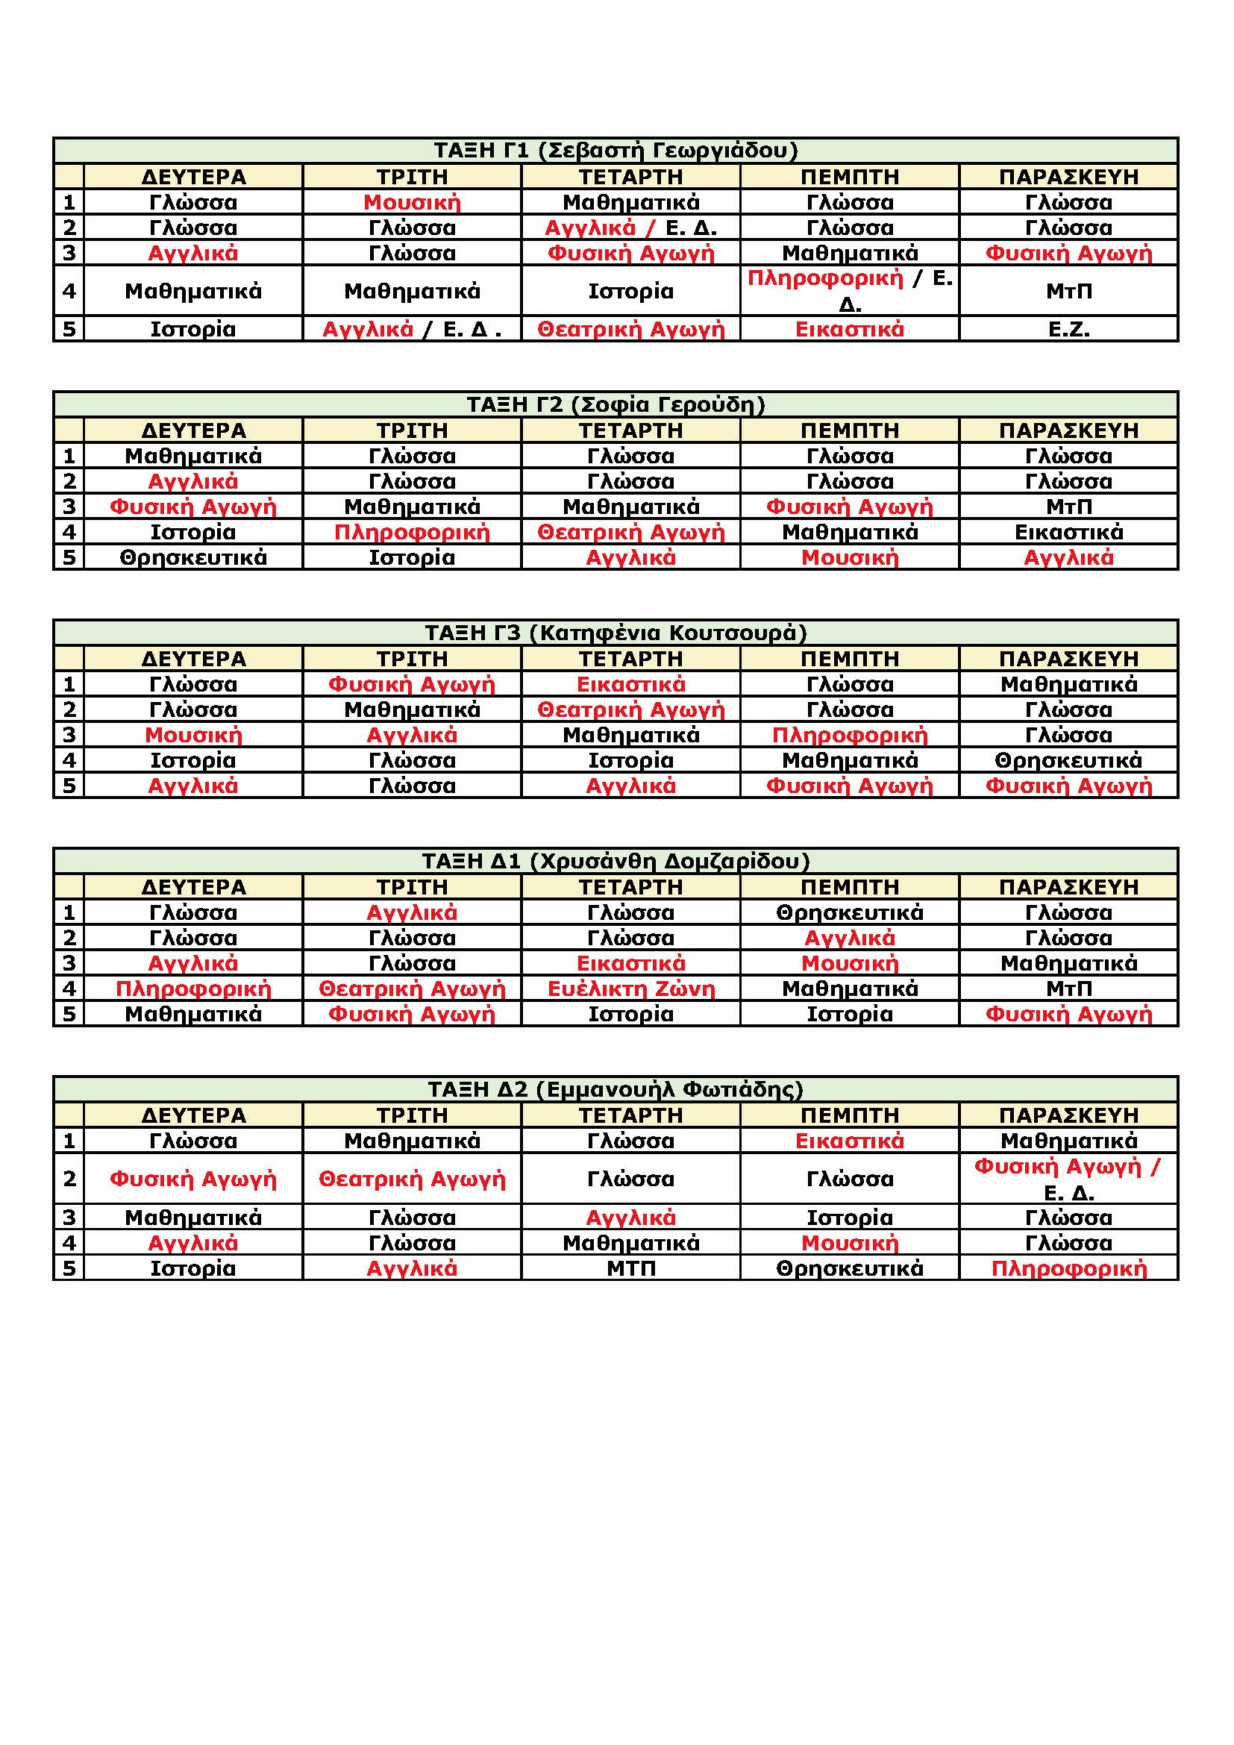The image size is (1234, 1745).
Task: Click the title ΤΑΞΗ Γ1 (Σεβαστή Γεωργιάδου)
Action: pyautogui.click(x=616, y=151)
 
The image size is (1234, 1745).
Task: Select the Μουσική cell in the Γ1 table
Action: pyautogui.click(x=412, y=202)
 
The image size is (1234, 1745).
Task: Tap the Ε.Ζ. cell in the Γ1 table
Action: pyautogui.click(x=1068, y=329)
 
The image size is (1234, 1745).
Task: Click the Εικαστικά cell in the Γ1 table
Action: pyautogui.click(x=850, y=329)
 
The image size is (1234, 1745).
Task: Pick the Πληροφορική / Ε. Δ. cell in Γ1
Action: pyautogui.click(x=850, y=291)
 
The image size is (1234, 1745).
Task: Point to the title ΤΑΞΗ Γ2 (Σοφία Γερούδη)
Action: pyautogui.click(x=616, y=404)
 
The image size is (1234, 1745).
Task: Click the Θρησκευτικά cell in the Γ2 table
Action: pyautogui.click(x=193, y=557)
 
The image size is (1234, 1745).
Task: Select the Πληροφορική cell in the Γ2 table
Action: pyautogui.click(x=412, y=532)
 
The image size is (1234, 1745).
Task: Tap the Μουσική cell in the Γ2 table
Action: pyautogui.click(x=850, y=557)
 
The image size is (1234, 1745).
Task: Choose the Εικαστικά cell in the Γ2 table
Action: pyautogui.click(x=1068, y=532)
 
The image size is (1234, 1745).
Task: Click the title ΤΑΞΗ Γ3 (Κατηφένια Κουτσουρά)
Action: pyautogui.click(x=616, y=633)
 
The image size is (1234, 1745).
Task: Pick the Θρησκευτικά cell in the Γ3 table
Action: pyautogui.click(x=1068, y=760)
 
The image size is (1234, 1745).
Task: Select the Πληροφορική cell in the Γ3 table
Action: pyautogui.click(x=850, y=735)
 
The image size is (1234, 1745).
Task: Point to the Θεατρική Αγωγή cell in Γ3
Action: pyautogui.click(x=630, y=709)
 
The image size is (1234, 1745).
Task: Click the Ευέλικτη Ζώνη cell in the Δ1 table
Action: pyautogui.click(x=630, y=988)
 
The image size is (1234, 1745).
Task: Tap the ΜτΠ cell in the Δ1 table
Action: pyautogui.click(x=1068, y=988)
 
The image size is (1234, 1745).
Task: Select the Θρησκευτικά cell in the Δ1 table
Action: pyautogui.click(x=850, y=912)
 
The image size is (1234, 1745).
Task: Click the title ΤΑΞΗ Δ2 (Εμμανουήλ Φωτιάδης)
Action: pyautogui.click(x=616, y=1089)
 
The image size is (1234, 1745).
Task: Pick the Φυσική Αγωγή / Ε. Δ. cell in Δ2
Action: pyautogui.click(x=1068, y=1179)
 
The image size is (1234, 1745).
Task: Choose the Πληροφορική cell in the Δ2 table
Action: pyautogui.click(x=1068, y=1268)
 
